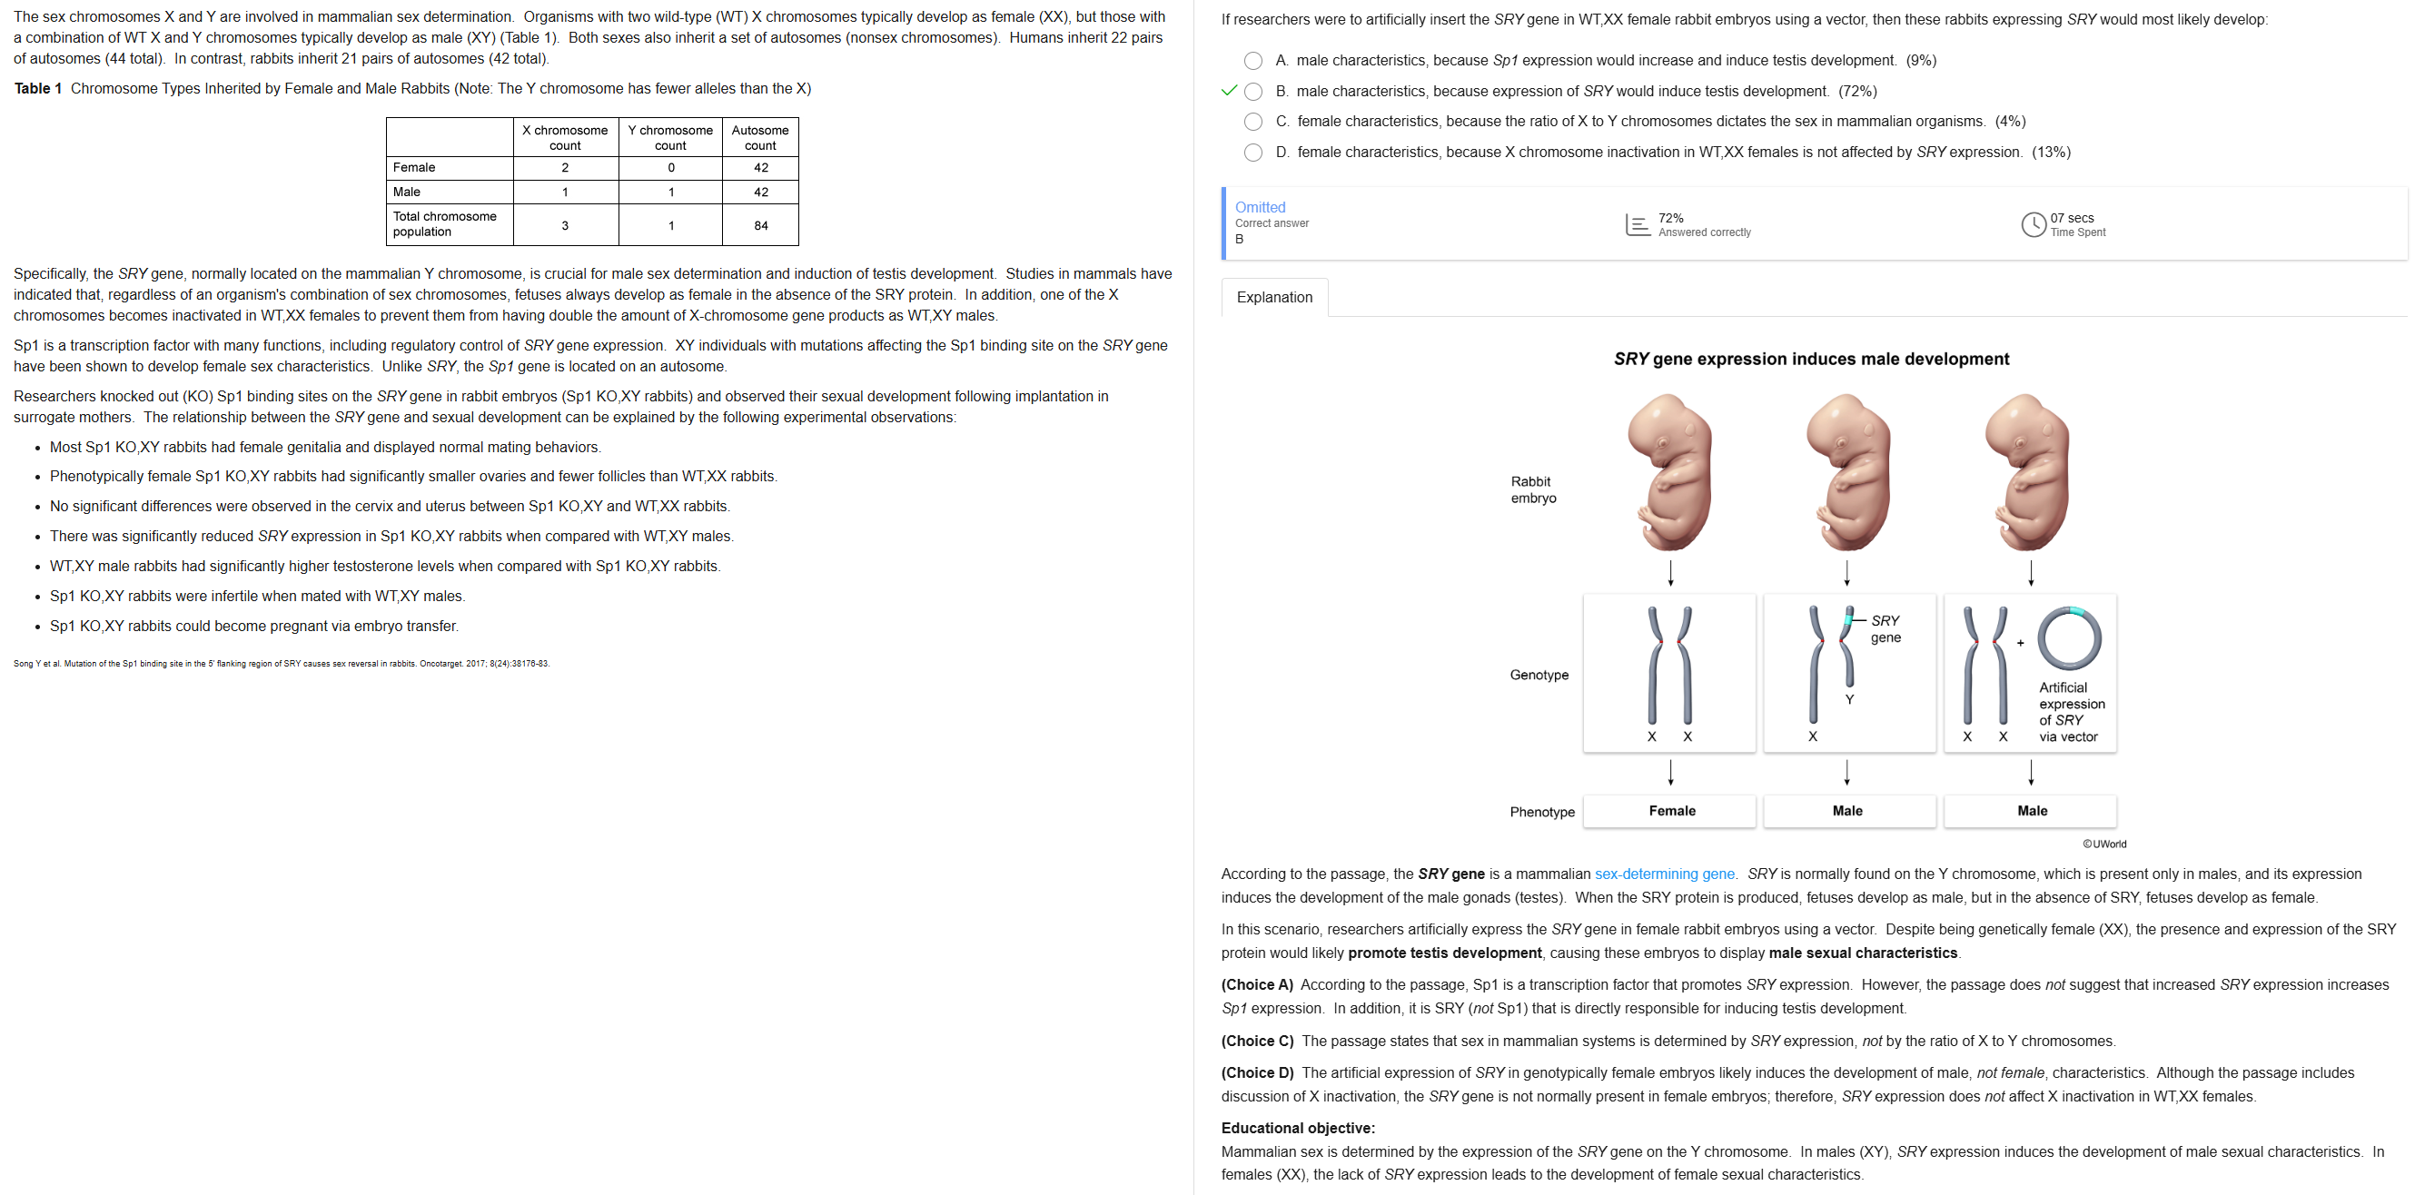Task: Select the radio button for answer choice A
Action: point(1252,61)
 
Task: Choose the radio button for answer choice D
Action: point(1252,152)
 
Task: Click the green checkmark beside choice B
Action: point(1229,91)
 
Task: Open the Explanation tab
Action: point(1274,297)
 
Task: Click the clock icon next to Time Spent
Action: point(2033,225)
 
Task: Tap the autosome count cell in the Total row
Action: point(760,226)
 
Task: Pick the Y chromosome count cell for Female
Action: point(670,168)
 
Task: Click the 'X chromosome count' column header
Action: point(564,138)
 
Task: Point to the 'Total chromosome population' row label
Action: point(445,224)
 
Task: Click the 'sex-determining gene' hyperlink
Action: point(1664,874)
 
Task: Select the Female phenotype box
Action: point(1671,811)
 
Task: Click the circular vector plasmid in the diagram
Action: point(2069,638)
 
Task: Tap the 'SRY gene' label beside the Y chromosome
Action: point(1885,629)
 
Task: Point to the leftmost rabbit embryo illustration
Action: point(1669,472)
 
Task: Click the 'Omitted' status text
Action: point(1260,207)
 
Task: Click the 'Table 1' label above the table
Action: point(37,89)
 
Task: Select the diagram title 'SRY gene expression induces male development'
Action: point(1810,359)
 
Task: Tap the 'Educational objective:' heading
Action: point(1298,1128)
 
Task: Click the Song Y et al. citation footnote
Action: point(282,664)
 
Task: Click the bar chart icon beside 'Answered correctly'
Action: point(1637,225)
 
